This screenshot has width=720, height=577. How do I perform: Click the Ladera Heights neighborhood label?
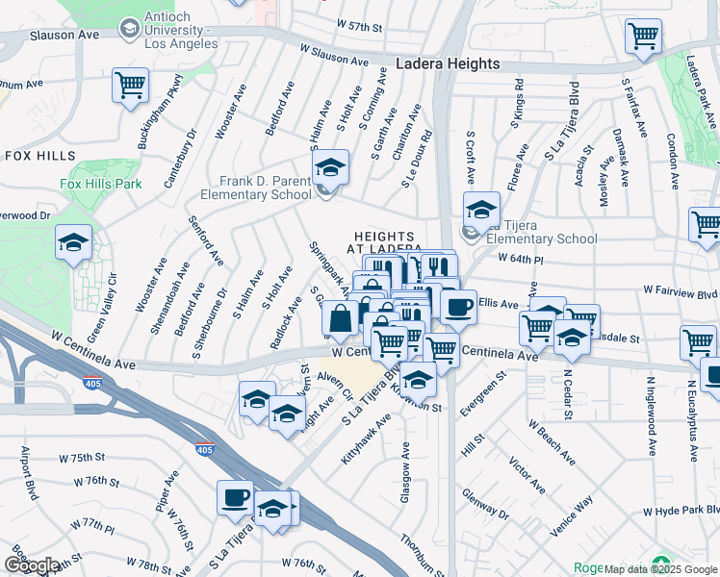[448, 63]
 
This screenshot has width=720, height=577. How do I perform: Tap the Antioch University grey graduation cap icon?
[128, 29]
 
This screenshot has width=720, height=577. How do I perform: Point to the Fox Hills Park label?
[100, 184]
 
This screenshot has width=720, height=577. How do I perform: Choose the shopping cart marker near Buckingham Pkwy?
[130, 85]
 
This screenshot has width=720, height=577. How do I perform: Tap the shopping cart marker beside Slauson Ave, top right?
[643, 37]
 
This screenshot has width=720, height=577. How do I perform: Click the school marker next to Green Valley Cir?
[72, 243]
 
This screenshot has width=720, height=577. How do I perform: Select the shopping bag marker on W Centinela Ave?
[340, 317]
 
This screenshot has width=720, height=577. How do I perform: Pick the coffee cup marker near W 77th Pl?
[235, 498]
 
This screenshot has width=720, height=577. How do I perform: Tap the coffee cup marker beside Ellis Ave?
[458, 306]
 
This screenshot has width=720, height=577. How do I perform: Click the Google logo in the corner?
[32, 565]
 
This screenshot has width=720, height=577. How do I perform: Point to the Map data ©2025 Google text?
[660, 568]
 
